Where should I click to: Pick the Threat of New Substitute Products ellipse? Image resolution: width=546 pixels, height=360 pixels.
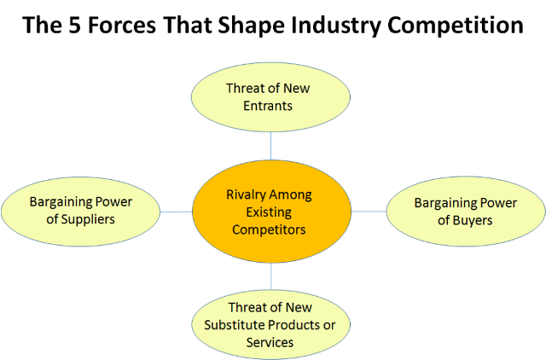(x=271, y=323)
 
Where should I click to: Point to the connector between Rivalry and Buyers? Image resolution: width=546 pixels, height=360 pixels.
(x=369, y=211)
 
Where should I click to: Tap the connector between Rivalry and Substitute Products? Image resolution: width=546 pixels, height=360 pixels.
(x=271, y=277)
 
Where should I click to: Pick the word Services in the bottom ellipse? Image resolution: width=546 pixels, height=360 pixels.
(x=270, y=342)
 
